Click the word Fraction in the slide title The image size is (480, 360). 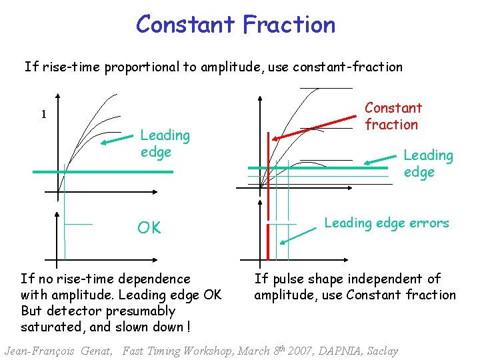(289, 25)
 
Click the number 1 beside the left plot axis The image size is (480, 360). (44, 115)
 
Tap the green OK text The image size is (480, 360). (149, 228)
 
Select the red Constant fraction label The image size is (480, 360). (393, 116)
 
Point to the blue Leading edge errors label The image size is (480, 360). (387, 223)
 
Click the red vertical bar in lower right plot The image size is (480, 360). (267, 241)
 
